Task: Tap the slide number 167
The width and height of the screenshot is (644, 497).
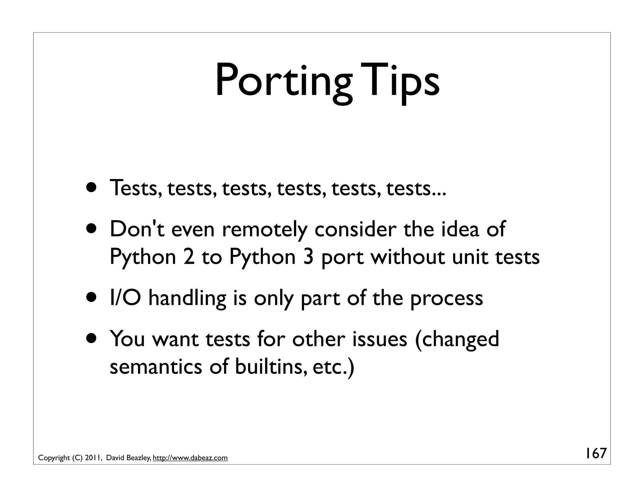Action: [x=595, y=453]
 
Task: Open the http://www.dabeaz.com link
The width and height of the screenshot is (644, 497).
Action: [x=190, y=458]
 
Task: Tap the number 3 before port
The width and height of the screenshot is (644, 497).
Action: [x=308, y=257]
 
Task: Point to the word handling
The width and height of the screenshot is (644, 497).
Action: [x=187, y=298]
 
